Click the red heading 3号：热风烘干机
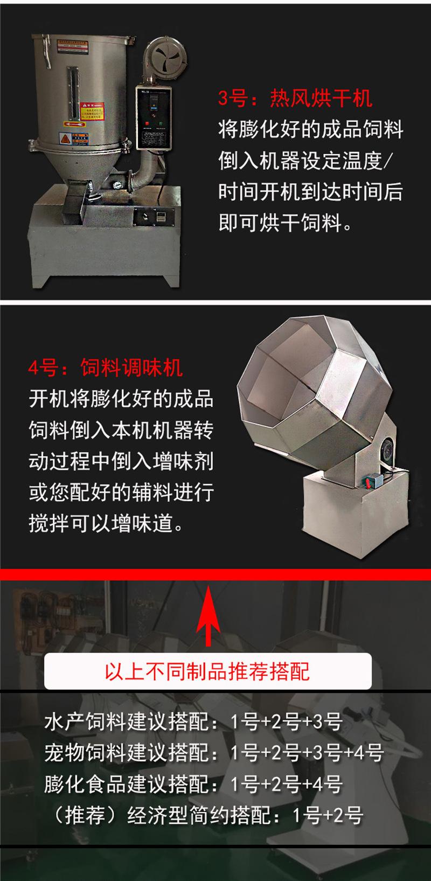(x=295, y=99)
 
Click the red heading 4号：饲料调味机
(x=106, y=369)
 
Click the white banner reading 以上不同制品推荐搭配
(x=208, y=671)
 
